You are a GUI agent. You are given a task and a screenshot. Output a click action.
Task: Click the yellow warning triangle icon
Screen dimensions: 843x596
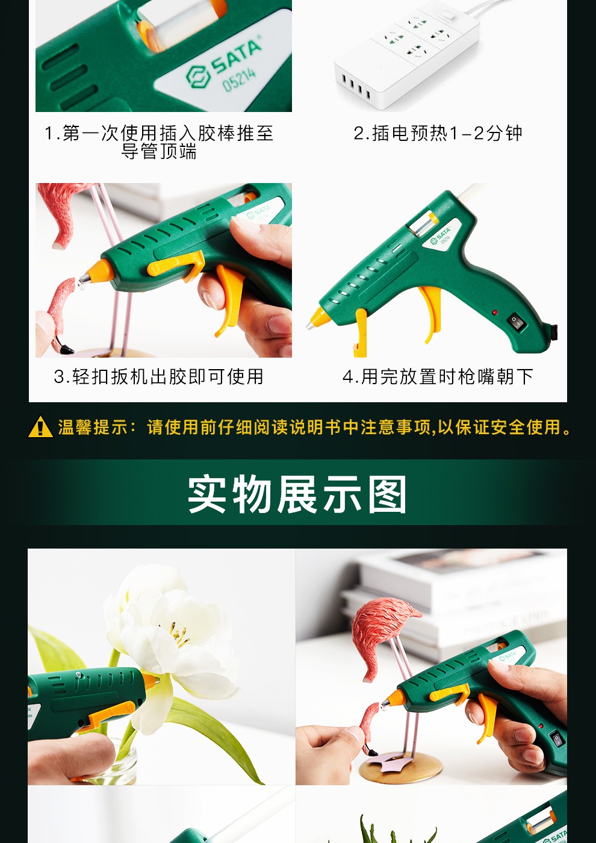point(40,427)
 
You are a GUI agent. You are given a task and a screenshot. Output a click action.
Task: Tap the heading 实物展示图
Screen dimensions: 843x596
point(297,494)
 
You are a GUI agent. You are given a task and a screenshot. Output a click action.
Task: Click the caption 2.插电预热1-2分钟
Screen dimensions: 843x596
point(438,133)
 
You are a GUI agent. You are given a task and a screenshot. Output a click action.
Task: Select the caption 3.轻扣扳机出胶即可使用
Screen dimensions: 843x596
point(159,376)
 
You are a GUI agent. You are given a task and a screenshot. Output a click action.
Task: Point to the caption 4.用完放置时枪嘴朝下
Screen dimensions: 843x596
point(438,376)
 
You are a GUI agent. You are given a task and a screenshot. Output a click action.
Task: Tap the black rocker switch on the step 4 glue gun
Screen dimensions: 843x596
point(517,321)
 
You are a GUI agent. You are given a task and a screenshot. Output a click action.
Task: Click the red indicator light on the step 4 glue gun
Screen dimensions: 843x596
point(495,313)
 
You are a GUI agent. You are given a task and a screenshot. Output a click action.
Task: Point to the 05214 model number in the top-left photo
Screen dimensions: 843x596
point(239,79)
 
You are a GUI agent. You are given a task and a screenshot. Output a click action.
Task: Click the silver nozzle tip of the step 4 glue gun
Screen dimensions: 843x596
point(310,325)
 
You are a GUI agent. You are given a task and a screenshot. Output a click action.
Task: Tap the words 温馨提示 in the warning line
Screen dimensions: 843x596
point(92,428)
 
